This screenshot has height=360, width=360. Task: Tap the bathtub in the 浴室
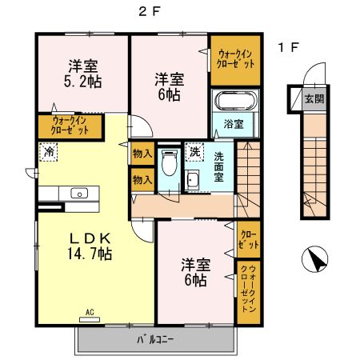point(232,102)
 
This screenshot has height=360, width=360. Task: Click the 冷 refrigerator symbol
point(50,150)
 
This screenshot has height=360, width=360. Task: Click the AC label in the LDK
point(90,312)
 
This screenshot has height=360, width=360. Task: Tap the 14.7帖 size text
point(89,254)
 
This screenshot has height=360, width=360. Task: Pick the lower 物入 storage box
point(142,180)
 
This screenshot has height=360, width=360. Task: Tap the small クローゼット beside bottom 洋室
point(248,238)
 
